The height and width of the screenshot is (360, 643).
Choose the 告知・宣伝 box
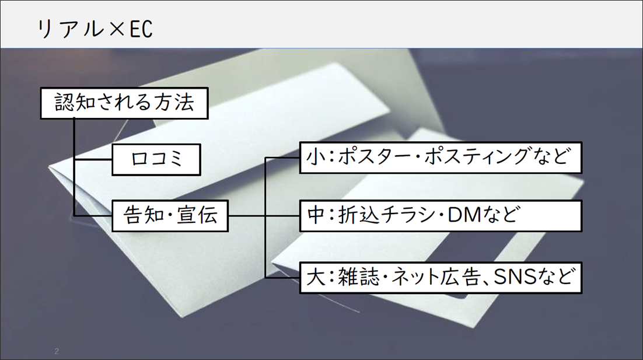pos(170,215)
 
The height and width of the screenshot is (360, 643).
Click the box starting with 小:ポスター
pos(441,157)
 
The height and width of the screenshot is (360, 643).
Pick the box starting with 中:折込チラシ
pos(441,215)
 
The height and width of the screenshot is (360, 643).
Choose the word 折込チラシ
pos(385,215)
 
